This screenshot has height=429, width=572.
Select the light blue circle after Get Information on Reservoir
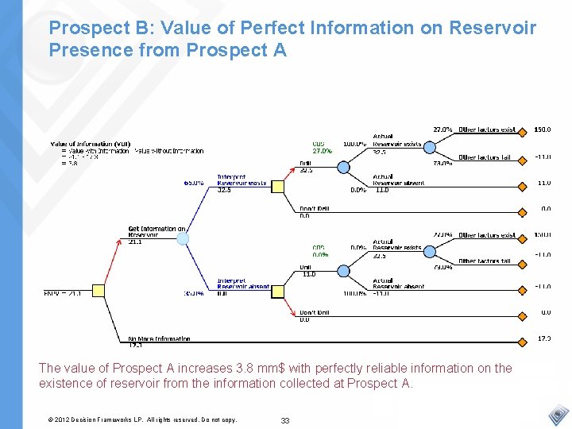[183, 238]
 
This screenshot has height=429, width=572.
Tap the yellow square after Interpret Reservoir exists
[277, 187]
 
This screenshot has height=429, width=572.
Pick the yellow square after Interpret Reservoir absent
[277, 292]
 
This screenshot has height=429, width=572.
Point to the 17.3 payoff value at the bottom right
[543, 338]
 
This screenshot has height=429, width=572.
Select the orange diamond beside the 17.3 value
[522, 338]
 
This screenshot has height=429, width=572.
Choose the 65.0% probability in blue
[193, 183]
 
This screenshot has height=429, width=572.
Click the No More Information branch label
[159, 339]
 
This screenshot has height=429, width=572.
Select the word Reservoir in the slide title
[493, 29]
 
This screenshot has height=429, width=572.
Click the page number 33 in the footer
[286, 419]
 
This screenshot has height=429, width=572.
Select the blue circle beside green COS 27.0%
[343, 167]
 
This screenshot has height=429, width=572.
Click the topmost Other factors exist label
[486, 129]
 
